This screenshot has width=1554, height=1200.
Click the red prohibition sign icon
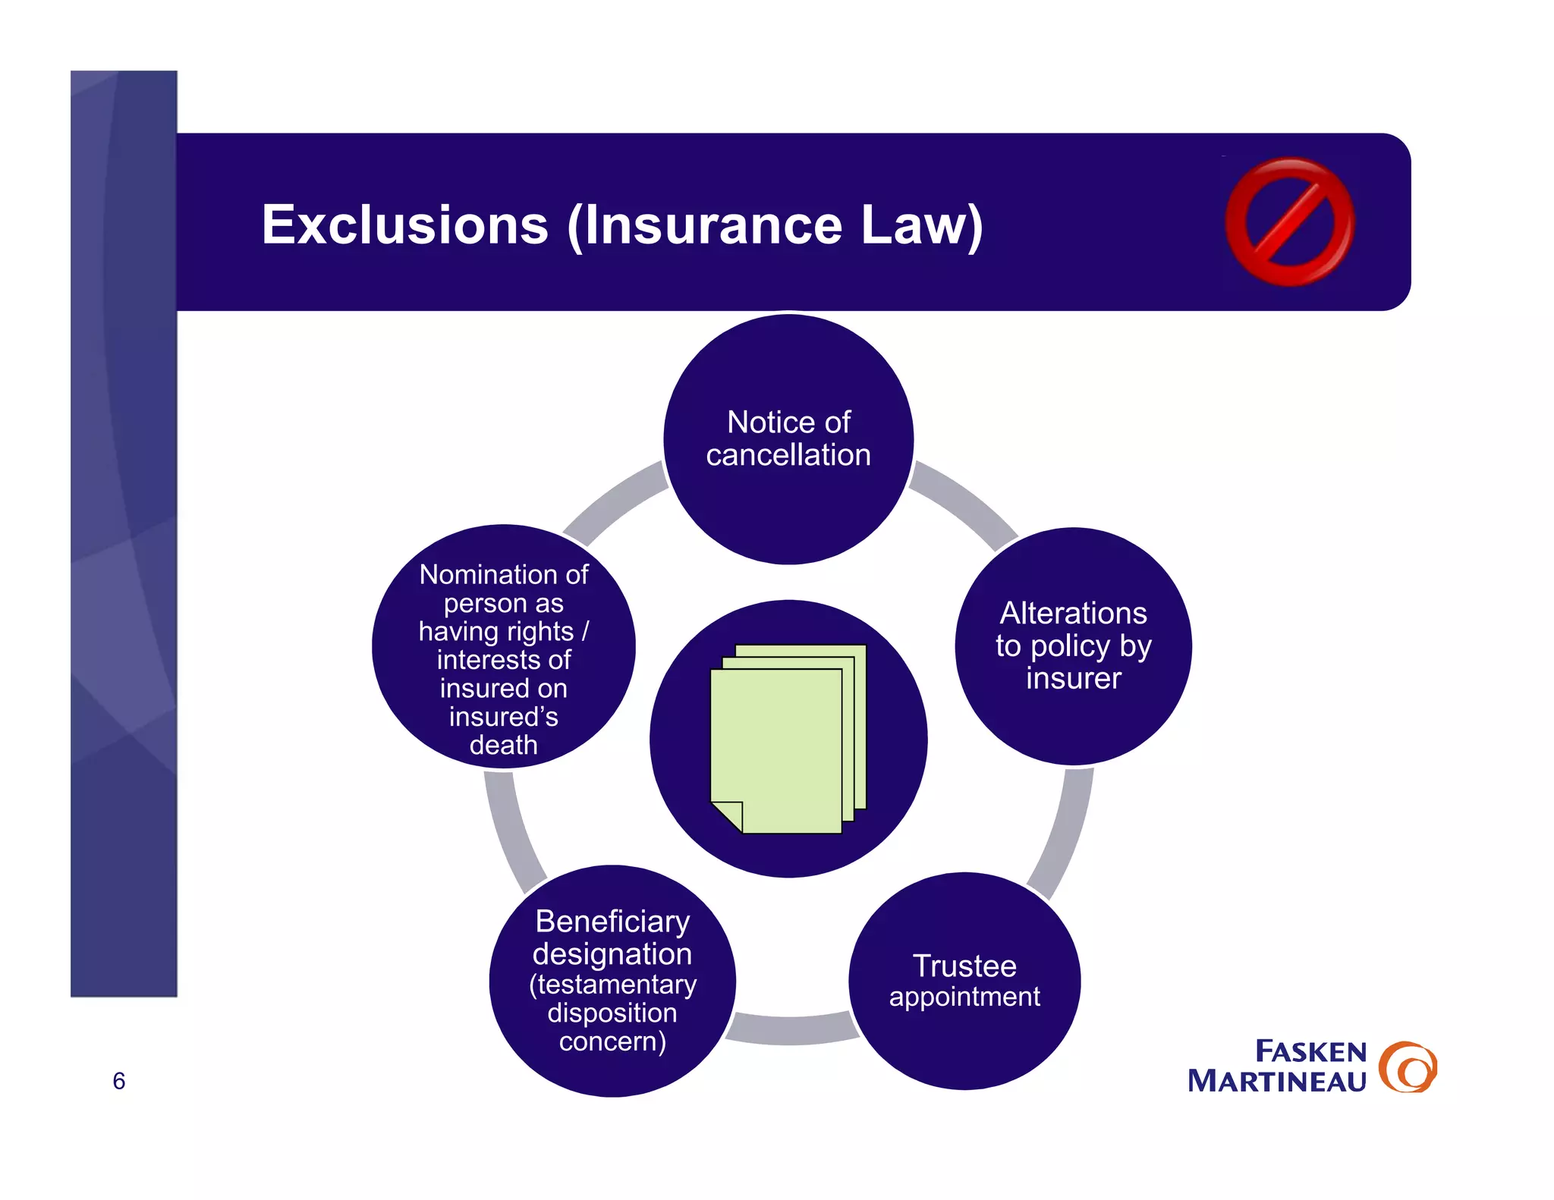click(x=1289, y=221)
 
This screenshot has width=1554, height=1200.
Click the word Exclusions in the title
click(x=404, y=225)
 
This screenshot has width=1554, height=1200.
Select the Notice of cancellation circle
click(x=788, y=439)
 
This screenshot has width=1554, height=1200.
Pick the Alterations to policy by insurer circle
click(x=1073, y=646)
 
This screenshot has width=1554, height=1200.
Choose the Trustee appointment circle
click(x=964, y=981)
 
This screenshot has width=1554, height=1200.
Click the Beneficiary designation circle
click(x=612, y=981)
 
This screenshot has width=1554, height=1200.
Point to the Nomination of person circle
click(x=503, y=647)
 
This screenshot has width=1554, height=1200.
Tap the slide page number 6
click(x=119, y=1080)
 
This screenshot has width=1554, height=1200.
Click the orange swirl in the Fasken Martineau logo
click(x=1408, y=1066)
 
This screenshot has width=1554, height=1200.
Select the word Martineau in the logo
click(x=1276, y=1081)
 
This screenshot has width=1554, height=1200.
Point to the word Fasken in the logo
click(x=1310, y=1051)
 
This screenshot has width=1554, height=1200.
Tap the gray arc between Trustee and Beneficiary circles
click(x=791, y=1029)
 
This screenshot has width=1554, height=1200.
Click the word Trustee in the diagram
click(x=964, y=966)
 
